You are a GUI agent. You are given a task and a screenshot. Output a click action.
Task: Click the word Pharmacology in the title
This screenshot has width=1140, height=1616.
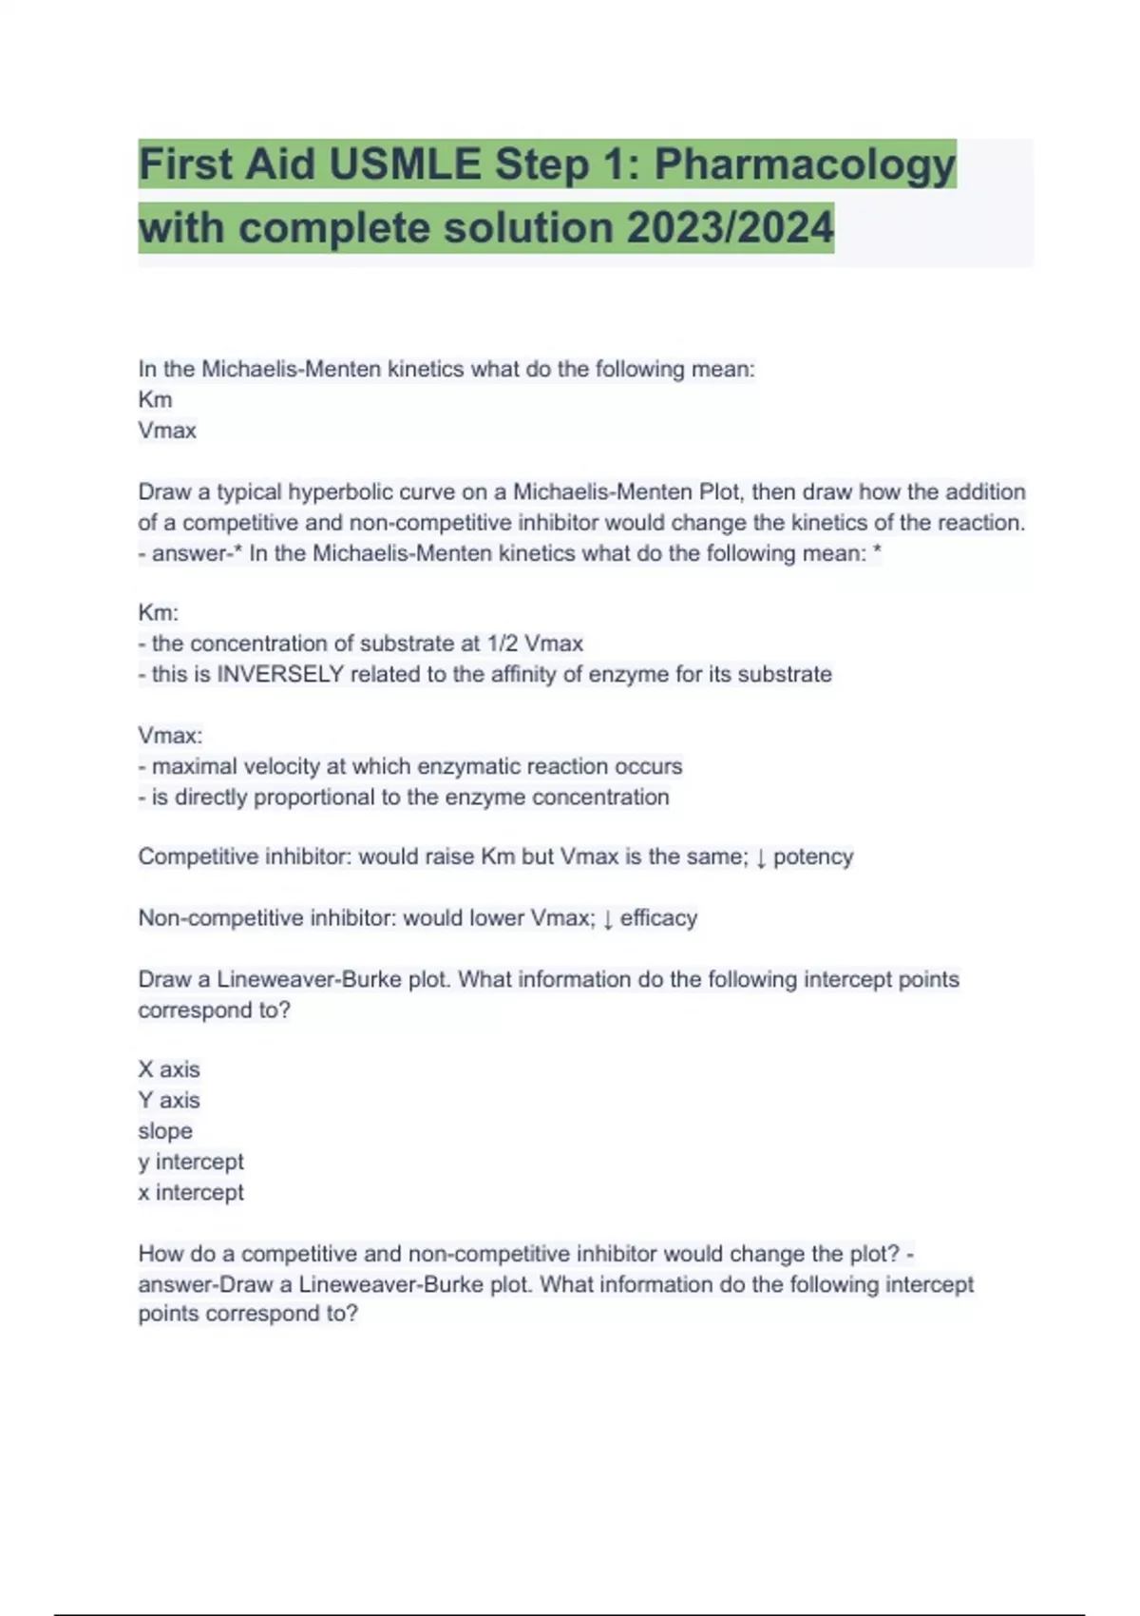click(x=804, y=165)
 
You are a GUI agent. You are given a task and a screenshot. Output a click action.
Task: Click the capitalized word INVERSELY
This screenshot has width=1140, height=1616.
click(x=280, y=675)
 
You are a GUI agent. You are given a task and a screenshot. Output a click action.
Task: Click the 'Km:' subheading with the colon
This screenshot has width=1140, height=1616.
click(x=158, y=613)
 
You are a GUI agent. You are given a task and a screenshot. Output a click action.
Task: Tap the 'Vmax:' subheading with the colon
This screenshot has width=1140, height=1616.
click(x=170, y=736)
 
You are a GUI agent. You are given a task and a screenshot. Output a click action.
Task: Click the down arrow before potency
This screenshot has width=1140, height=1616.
click(x=760, y=858)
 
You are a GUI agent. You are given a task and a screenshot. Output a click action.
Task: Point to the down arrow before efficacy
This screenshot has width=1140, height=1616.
click(x=608, y=919)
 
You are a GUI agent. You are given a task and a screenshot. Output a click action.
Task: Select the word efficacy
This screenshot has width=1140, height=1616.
click(x=658, y=918)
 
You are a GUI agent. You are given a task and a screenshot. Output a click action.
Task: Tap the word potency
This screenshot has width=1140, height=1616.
click(x=813, y=857)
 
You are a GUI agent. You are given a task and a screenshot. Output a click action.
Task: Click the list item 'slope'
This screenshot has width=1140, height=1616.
click(x=165, y=1131)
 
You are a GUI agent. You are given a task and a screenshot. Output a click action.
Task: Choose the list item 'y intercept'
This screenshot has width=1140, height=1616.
click(x=191, y=1162)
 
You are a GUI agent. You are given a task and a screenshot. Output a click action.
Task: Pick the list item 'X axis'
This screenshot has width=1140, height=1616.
click(x=169, y=1069)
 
